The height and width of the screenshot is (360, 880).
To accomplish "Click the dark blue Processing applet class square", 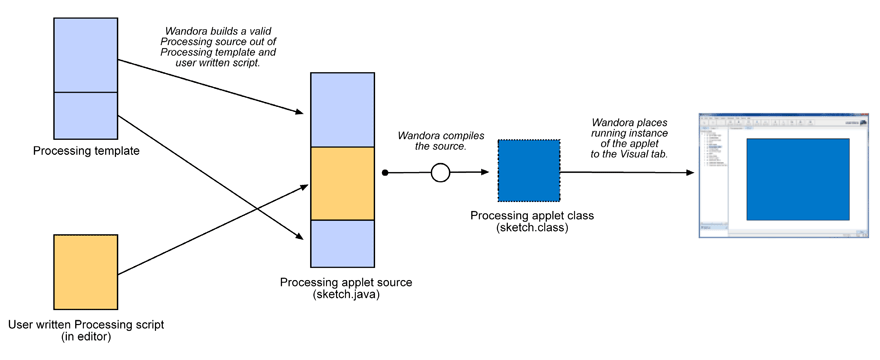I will click(x=527, y=171).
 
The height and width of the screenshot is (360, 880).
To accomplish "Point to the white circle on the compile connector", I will click(x=440, y=173).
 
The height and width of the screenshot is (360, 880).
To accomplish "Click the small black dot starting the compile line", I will click(x=385, y=173).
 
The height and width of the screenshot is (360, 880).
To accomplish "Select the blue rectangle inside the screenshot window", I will click(x=797, y=178).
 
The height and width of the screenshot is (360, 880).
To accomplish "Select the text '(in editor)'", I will click(x=86, y=338).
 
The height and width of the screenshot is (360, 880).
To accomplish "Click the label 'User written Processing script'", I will click(x=86, y=325).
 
